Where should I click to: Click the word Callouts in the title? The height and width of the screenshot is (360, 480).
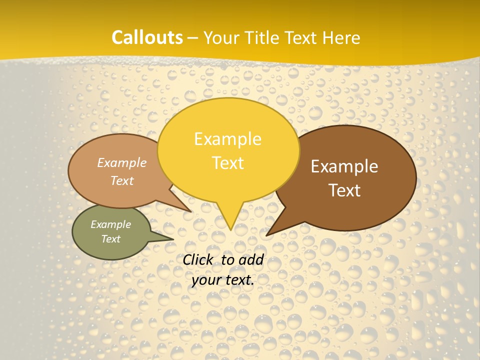(x=147, y=37)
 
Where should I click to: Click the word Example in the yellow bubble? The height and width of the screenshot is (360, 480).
(x=227, y=139)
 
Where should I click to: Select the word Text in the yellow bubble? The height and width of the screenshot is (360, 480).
(x=228, y=163)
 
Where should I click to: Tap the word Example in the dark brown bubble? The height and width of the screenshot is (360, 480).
(x=344, y=166)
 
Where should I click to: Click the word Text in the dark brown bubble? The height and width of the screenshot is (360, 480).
(x=345, y=190)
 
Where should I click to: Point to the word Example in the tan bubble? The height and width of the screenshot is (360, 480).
(x=122, y=163)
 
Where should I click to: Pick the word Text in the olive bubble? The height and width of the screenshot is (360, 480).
(x=111, y=239)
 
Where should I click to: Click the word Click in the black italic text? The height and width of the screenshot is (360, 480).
(x=199, y=259)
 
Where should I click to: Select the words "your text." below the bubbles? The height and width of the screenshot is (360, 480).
(x=223, y=280)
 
